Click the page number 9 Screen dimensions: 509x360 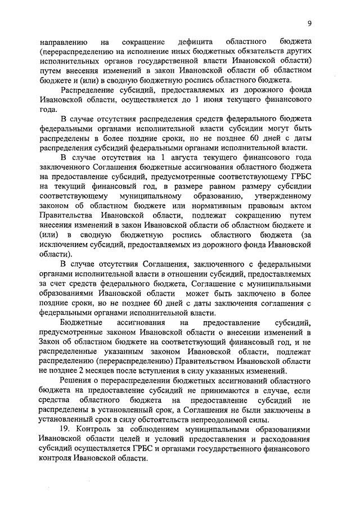309,23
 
